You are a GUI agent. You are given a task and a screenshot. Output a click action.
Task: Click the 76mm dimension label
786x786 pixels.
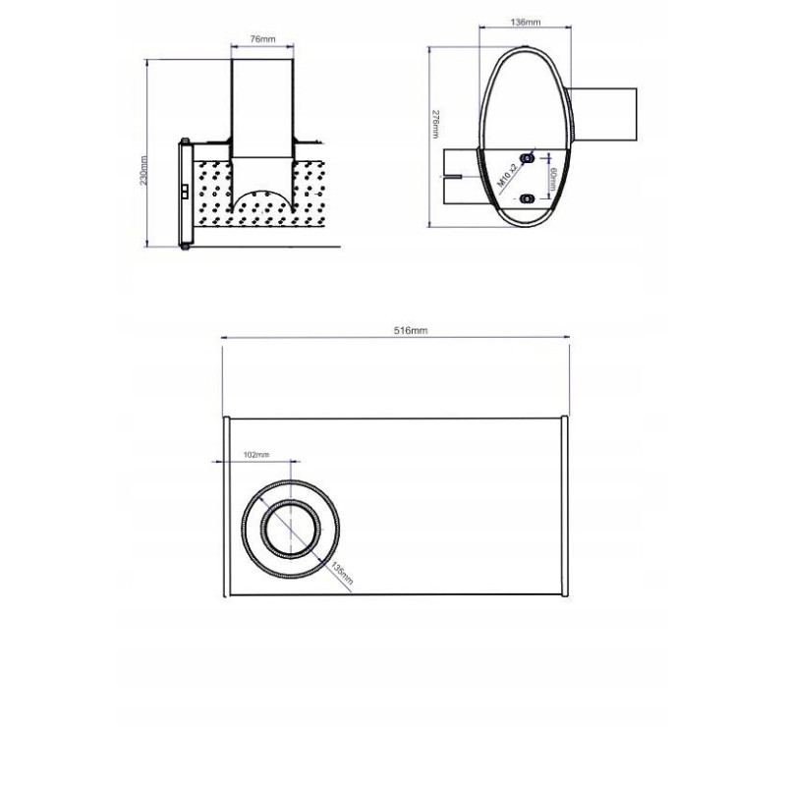[261, 39]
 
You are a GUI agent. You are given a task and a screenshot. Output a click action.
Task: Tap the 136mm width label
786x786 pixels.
[527, 21]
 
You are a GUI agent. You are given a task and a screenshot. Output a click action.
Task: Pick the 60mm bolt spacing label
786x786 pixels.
[554, 179]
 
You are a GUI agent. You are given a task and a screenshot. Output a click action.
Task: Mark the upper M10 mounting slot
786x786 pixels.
[528, 157]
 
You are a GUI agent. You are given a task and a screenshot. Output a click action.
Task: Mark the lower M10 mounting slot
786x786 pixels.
[528, 198]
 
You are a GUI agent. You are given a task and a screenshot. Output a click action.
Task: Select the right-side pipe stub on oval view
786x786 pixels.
[603, 112]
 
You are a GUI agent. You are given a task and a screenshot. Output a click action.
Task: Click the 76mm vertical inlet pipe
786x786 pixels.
[261, 108]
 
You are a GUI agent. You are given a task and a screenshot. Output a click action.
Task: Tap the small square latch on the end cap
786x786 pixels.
[185, 191]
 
